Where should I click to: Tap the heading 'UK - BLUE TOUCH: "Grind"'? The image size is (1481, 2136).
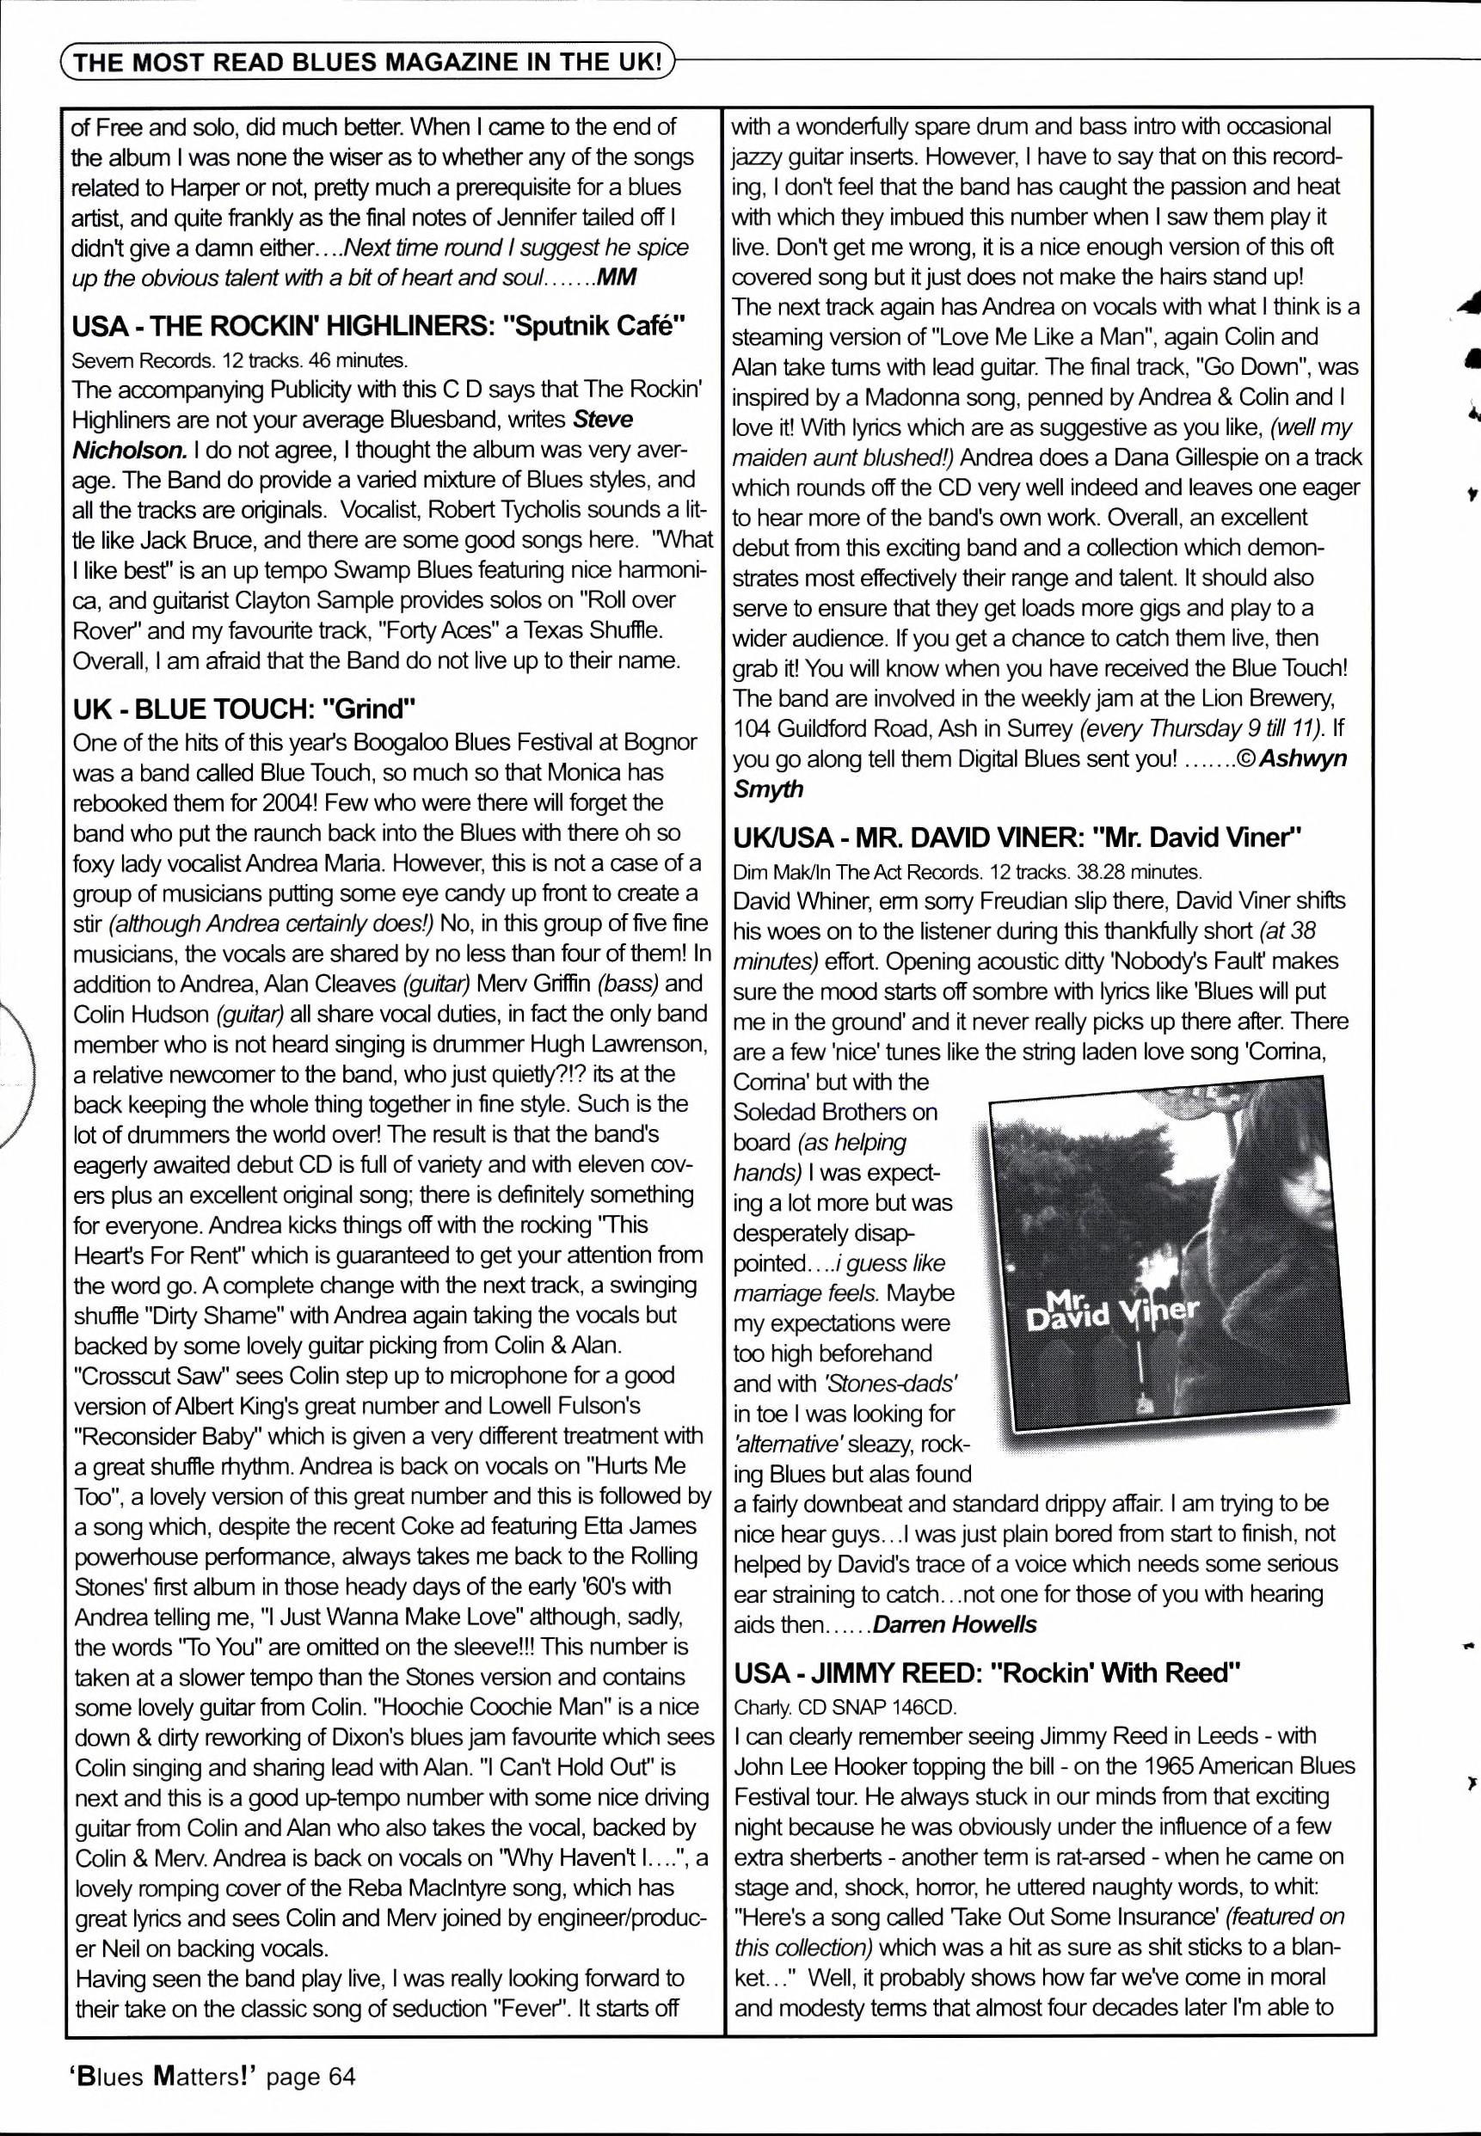(243, 709)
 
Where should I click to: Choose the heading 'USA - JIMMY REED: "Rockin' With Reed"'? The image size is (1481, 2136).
(987, 1673)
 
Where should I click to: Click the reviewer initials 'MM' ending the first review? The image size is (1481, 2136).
(616, 278)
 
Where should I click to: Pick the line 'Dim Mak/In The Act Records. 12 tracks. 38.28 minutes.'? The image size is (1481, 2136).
(967, 871)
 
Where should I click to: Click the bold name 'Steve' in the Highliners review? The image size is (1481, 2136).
(604, 420)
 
